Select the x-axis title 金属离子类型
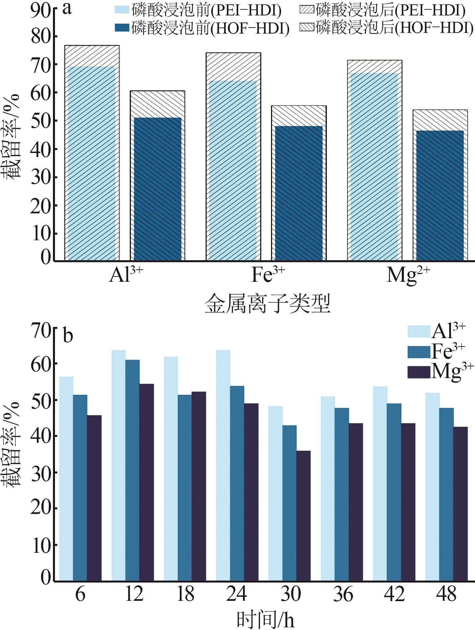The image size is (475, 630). pos(268,304)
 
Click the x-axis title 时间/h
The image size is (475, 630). pos(265,619)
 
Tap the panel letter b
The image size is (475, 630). pos(68,335)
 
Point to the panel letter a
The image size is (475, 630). pos(67,9)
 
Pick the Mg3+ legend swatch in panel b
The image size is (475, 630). pos(419,372)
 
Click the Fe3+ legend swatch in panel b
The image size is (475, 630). pos(419,352)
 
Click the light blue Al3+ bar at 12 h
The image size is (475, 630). pos(119,465)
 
